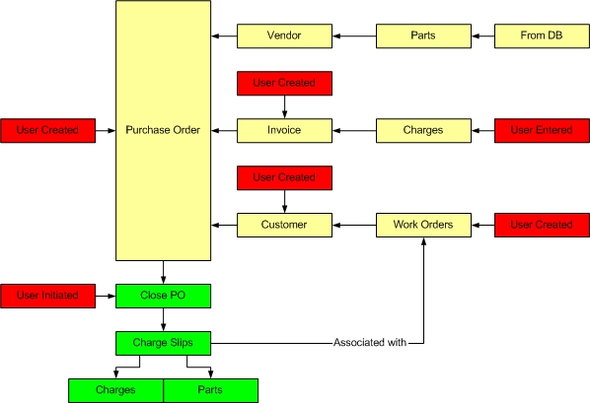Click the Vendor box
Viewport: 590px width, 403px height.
(284, 36)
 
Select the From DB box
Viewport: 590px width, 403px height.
(542, 36)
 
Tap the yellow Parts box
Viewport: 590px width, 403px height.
(423, 36)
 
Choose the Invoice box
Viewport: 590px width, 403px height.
(284, 131)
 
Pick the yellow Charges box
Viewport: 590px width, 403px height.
(423, 131)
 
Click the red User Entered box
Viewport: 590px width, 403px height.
(542, 131)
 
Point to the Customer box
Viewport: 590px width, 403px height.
(284, 226)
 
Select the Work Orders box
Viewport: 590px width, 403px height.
(423, 226)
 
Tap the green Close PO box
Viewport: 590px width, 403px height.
(164, 297)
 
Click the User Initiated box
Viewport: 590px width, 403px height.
(47, 297)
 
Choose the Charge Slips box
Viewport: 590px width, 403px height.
(164, 343)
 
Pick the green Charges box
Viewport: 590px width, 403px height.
(115, 390)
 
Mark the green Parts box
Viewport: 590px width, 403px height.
(211, 390)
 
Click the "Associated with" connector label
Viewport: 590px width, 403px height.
(370, 343)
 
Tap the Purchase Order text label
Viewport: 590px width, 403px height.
(163, 130)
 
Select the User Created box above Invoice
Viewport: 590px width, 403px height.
(284, 84)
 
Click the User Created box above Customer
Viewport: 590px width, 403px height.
(284, 177)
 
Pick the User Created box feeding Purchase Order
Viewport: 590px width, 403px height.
(47, 131)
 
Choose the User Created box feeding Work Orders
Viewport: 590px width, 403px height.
(542, 226)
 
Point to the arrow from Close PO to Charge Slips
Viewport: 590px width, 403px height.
(164, 319)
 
